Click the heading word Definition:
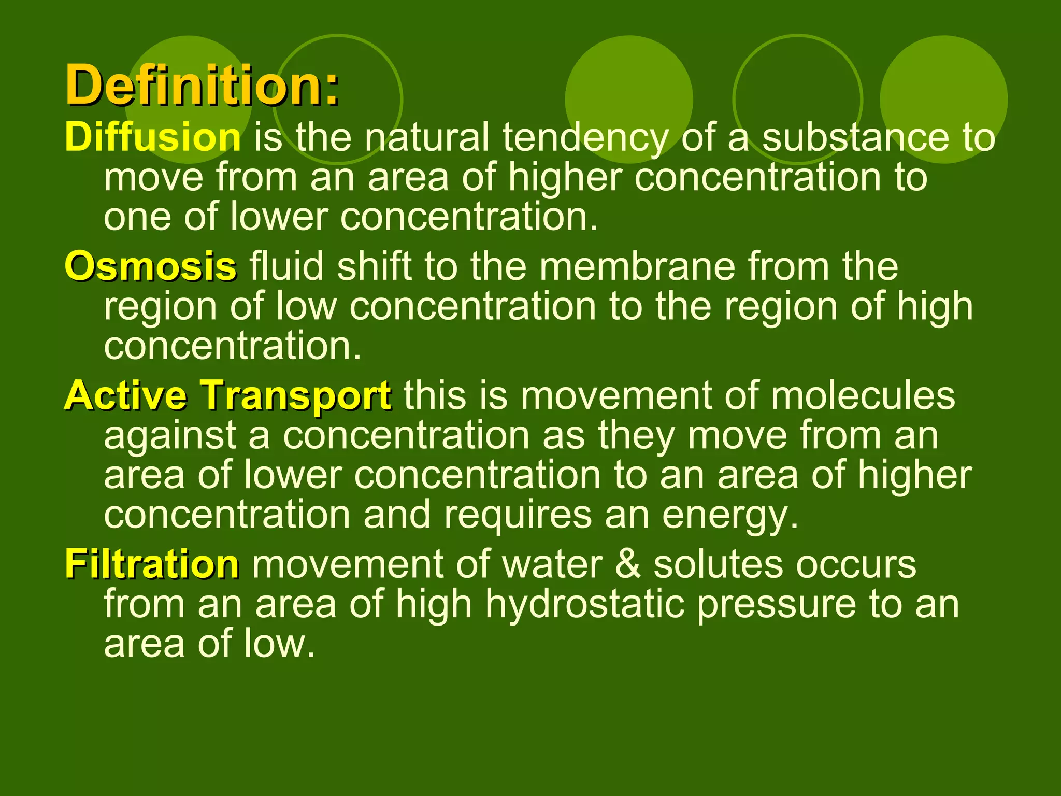point(202,84)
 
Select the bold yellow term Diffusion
point(153,137)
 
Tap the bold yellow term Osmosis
point(151,266)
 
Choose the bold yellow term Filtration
point(152,564)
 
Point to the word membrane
point(638,266)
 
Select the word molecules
point(863,396)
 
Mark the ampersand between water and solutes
point(628,564)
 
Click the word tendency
point(585,138)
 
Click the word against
point(170,435)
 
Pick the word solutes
point(718,564)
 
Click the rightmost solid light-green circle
point(943,99)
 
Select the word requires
point(518,516)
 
